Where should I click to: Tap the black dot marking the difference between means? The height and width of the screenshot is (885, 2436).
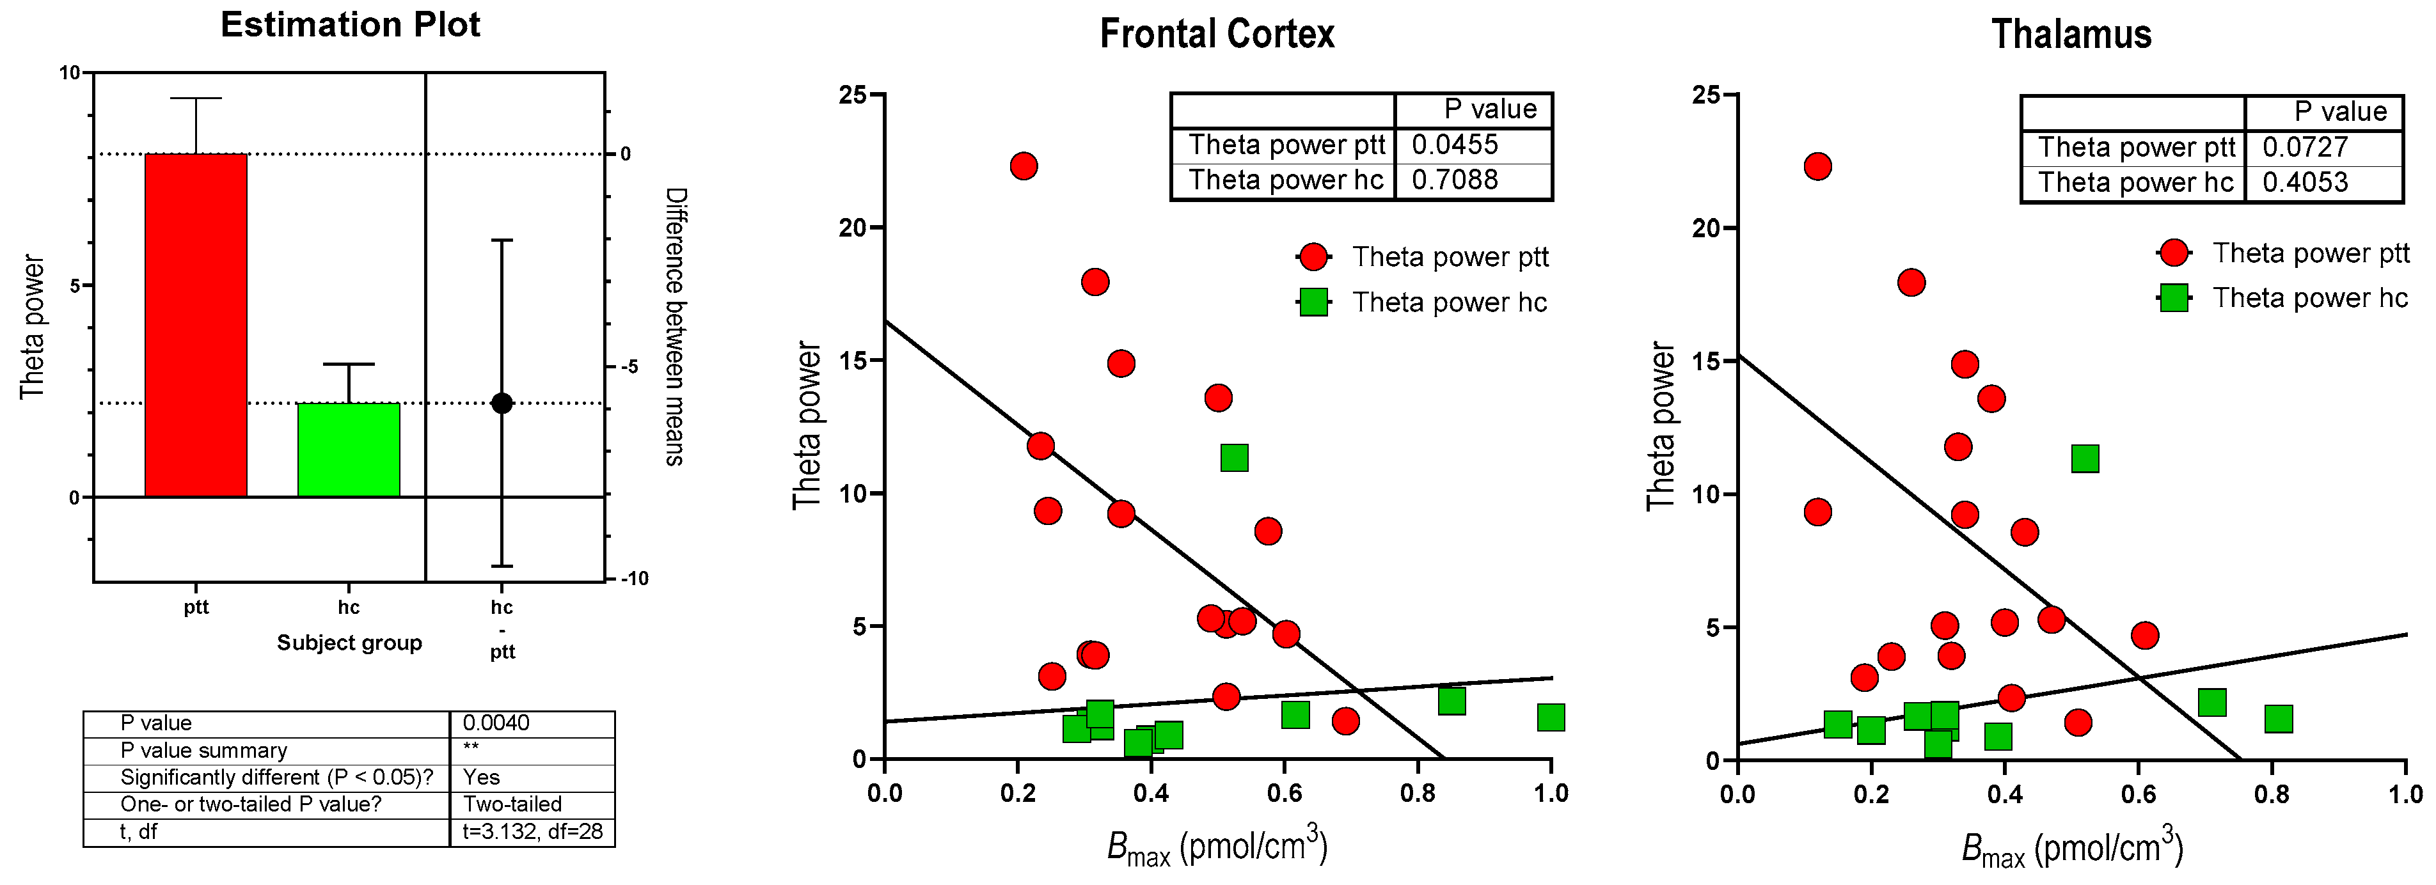pos(502,403)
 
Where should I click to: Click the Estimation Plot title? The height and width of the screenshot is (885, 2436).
pos(350,24)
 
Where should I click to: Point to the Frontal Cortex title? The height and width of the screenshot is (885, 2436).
pos(1217,34)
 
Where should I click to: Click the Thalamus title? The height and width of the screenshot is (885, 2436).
pos(2071,34)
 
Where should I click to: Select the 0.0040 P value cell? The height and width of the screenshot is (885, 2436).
pos(496,723)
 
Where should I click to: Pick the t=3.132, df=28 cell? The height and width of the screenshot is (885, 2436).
pos(532,832)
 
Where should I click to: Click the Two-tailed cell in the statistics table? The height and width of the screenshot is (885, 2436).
pos(512,804)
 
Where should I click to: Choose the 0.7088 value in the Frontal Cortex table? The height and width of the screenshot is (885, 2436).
pos(1455,180)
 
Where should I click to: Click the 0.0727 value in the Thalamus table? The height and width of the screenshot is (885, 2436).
pos(2305,148)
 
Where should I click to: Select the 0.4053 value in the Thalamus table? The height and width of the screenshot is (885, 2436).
pos(2305,182)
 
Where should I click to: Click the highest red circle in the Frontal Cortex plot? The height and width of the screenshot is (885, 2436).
pos(1023,166)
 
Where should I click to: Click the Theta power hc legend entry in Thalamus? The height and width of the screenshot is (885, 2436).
pos(2309,299)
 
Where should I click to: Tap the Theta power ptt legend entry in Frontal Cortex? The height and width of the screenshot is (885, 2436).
pos(1450,257)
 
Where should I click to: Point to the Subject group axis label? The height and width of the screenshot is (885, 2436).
pos(349,643)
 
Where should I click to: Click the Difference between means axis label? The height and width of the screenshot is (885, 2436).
pos(675,326)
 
